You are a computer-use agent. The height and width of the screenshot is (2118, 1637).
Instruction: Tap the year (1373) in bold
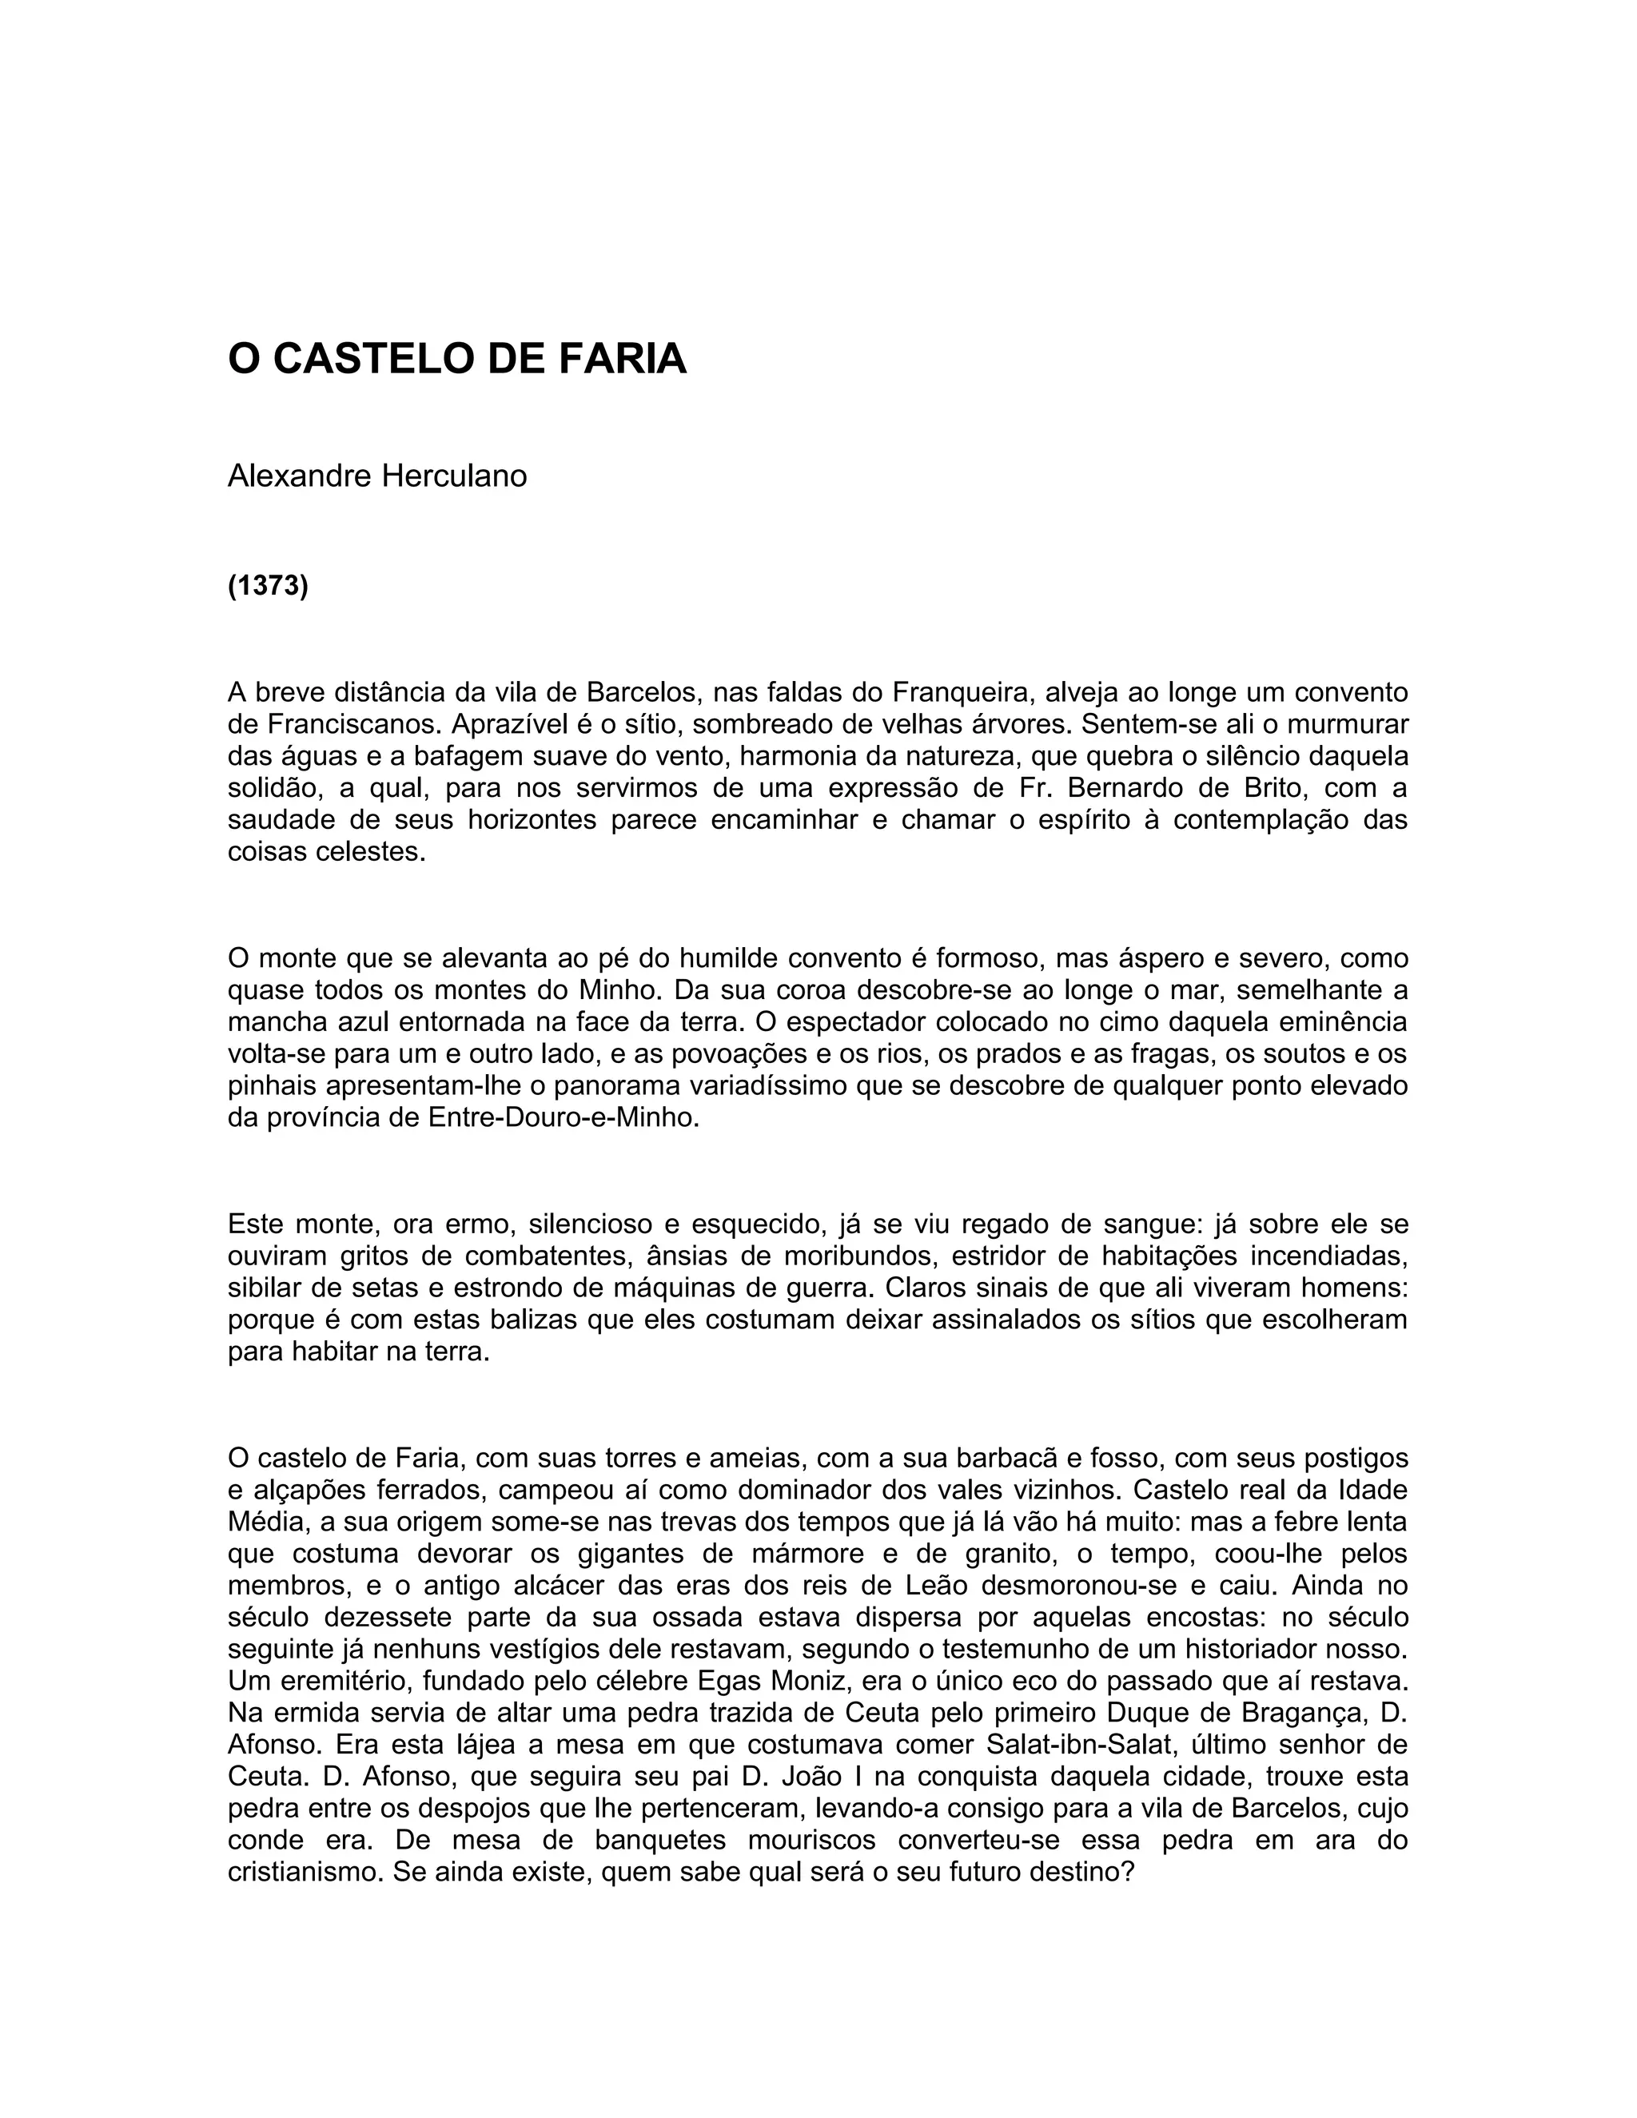point(268,587)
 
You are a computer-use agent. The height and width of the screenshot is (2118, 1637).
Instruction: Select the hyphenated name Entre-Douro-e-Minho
point(563,1117)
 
